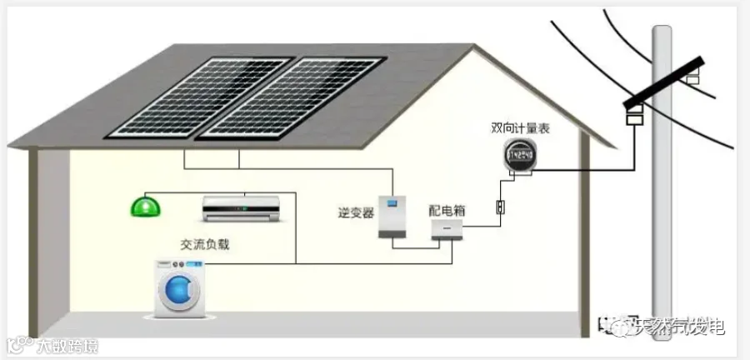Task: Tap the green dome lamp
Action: pyautogui.click(x=147, y=206)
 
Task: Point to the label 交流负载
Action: pyautogui.click(x=204, y=244)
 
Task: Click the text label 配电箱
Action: pyautogui.click(x=447, y=210)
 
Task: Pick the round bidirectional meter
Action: pyautogui.click(x=521, y=156)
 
